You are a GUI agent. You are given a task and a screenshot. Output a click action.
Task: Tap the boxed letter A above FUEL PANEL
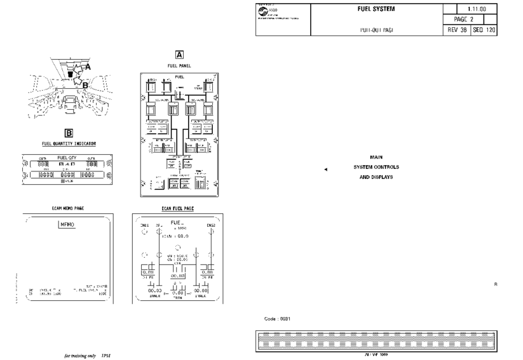(179, 54)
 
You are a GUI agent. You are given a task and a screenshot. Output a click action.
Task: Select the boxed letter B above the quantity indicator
(69, 133)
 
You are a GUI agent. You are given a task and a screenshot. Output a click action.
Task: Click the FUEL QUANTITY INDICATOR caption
(69, 144)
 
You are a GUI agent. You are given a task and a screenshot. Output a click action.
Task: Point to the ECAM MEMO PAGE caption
(68, 208)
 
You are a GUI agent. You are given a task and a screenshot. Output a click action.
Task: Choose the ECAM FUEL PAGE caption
(178, 208)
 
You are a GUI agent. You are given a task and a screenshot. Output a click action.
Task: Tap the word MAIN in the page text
(376, 158)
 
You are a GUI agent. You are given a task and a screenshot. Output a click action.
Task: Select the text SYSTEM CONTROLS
(376, 167)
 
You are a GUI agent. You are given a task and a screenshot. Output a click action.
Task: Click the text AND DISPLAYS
(376, 178)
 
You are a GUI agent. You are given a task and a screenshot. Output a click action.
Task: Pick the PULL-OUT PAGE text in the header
(376, 30)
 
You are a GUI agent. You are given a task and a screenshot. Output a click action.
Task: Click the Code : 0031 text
(277, 319)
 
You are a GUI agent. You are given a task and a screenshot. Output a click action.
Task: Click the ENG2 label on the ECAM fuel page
(211, 226)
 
